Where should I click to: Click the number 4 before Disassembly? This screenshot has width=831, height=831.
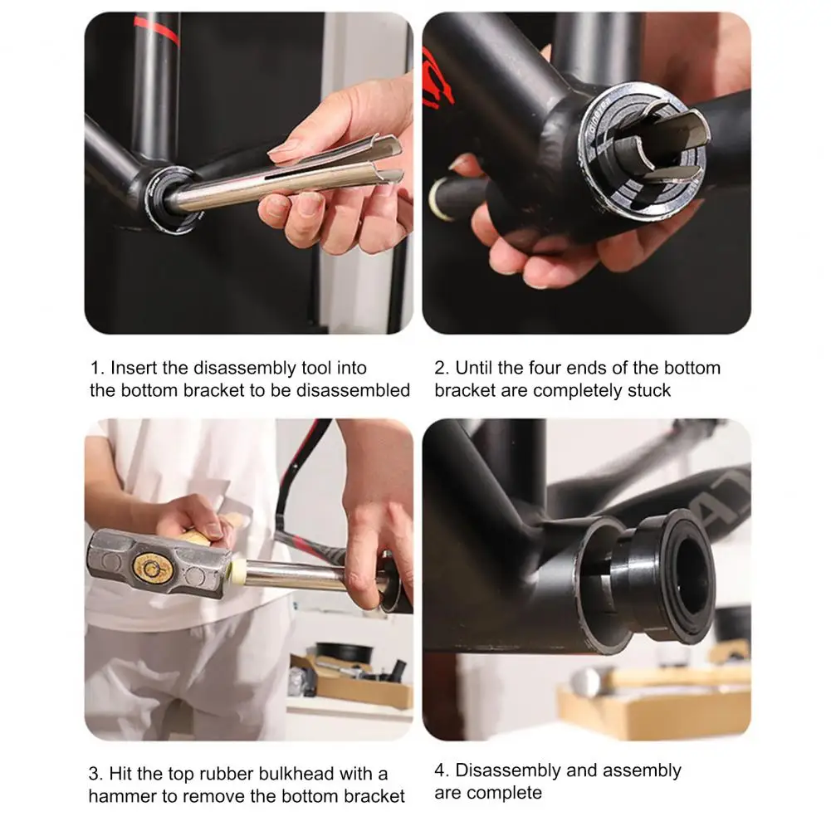pos(440,770)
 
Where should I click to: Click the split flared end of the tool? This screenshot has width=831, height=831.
pos(378,162)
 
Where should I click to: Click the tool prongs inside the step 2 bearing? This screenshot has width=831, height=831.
pos(660,145)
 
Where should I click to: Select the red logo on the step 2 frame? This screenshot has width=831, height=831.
pos(437,79)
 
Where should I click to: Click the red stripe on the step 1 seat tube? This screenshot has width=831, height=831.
pos(158,30)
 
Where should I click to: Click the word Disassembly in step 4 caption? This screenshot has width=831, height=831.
pos(509,770)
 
